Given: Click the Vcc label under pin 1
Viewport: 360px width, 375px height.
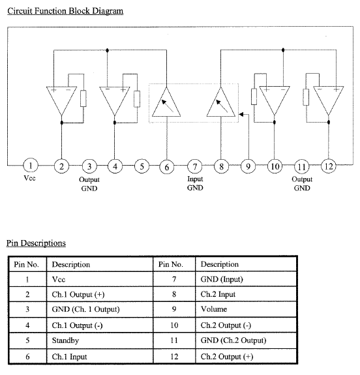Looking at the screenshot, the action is pyautogui.click(x=29, y=178).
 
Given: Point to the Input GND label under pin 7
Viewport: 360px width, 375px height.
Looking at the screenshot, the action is pyautogui.click(x=195, y=183).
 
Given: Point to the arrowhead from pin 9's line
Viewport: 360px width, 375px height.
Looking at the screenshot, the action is pyautogui.click(x=241, y=114).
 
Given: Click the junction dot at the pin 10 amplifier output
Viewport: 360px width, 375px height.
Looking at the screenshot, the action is pyautogui.click(x=275, y=122).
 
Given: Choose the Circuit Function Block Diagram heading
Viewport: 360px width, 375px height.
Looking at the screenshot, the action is pyautogui.click(x=65, y=11).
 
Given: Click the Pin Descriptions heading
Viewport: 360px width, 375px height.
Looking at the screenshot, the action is pyautogui.click(x=36, y=243).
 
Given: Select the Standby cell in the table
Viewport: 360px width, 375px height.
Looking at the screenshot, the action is pyautogui.click(x=65, y=340).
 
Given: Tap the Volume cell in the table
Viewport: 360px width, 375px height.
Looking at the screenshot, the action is pyautogui.click(x=214, y=309).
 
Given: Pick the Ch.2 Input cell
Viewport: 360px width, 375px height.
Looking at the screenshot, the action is pyautogui.click(x=218, y=294).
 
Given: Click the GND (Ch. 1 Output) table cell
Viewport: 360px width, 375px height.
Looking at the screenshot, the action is pyautogui.click(x=85, y=309).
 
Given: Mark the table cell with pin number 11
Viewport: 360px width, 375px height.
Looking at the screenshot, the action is pyautogui.click(x=174, y=340).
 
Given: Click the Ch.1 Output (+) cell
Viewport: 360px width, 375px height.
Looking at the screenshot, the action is pyautogui.click(x=78, y=294).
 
